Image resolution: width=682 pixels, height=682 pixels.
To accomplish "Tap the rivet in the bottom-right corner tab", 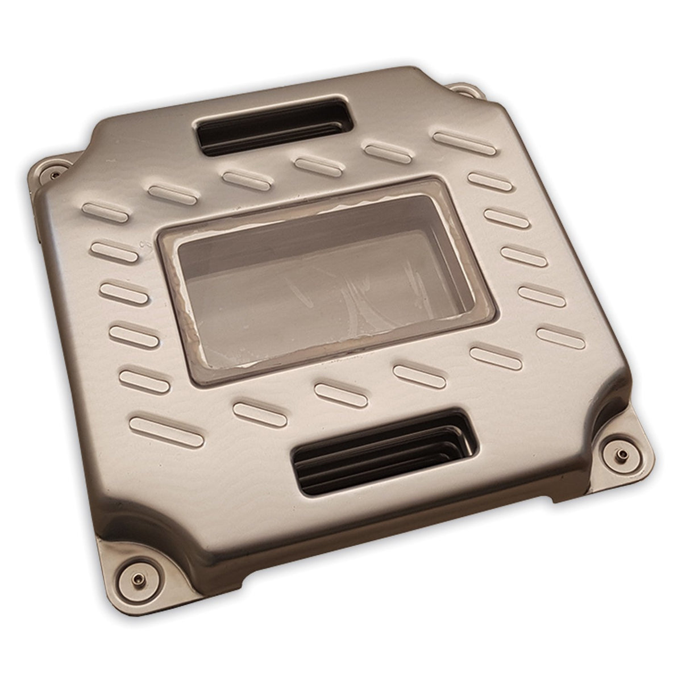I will [622, 454].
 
